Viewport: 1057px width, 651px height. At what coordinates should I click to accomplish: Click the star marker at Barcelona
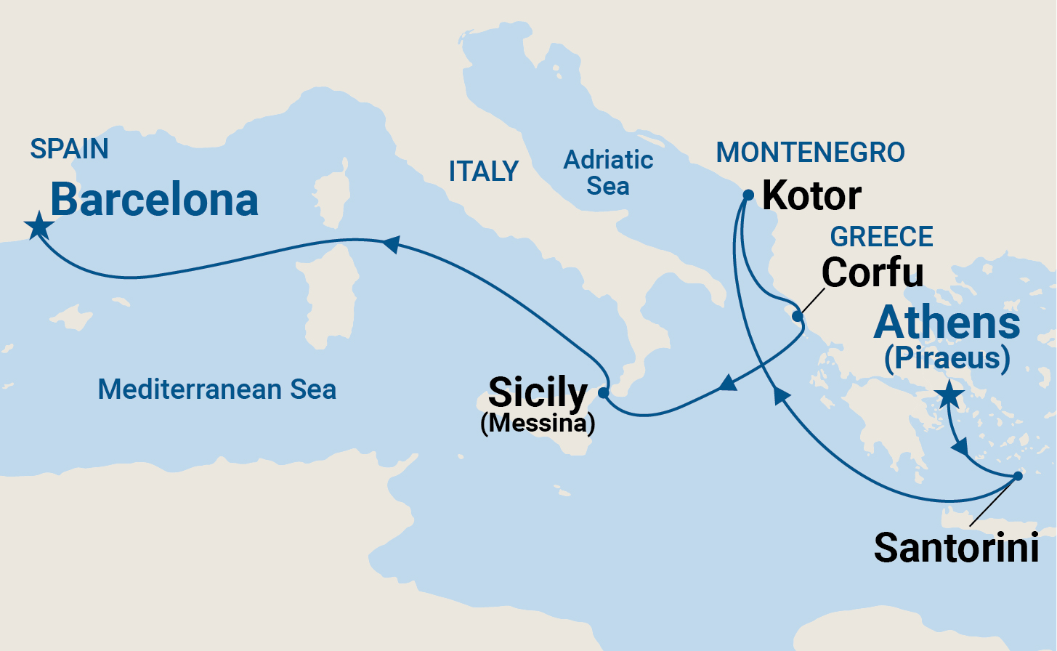click(x=39, y=226)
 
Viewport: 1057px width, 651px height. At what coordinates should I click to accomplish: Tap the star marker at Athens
click(x=949, y=396)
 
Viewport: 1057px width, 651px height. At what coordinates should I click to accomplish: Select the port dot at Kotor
click(x=748, y=195)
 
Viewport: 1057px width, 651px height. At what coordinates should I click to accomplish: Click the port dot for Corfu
click(x=798, y=316)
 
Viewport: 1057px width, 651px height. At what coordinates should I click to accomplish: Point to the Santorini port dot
click(x=1018, y=477)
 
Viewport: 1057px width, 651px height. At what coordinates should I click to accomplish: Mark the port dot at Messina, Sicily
click(x=603, y=392)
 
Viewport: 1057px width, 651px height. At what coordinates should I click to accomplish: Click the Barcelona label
click(x=154, y=200)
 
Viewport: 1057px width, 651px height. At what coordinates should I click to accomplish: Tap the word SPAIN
click(x=69, y=149)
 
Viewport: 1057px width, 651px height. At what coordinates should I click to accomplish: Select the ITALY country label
click(x=483, y=171)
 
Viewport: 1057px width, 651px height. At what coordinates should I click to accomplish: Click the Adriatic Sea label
click(x=609, y=173)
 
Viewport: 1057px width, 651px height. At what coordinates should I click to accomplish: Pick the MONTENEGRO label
click(x=810, y=153)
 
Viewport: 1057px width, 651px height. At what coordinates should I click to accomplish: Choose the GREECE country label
click(x=881, y=237)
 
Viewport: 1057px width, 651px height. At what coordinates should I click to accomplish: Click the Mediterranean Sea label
click(x=216, y=389)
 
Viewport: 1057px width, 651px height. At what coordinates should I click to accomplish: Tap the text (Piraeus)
click(x=947, y=359)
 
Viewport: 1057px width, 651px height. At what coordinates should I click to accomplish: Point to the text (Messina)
click(x=538, y=423)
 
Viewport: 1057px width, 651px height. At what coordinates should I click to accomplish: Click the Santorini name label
click(x=956, y=547)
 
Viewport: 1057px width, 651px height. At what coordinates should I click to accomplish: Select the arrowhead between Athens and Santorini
click(x=960, y=446)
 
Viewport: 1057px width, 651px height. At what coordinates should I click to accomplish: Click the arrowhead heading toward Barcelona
click(x=391, y=244)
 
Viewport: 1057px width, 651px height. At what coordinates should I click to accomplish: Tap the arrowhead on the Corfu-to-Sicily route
click(x=727, y=383)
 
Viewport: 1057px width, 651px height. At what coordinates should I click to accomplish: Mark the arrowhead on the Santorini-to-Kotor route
click(x=780, y=395)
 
